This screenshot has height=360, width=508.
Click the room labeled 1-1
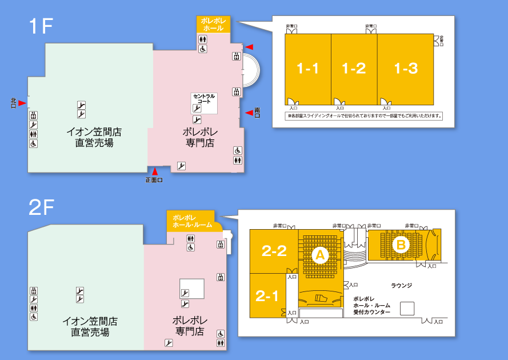click(x=307, y=69)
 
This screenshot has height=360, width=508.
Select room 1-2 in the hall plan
click(x=354, y=69)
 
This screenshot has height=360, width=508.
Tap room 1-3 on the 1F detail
click(x=406, y=69)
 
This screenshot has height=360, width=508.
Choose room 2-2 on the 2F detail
click(x=274, y=251)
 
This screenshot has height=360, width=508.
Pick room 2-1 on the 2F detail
click(x=267, y=296)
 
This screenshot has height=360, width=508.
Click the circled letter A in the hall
click(x=319, y=255)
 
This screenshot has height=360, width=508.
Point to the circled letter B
click(x=401, y=245)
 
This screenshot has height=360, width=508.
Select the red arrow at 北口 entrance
click(x=22, y=103)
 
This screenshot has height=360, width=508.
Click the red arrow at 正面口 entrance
click(x=154, y=171)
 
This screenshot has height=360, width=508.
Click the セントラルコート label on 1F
click(x=204, y=98)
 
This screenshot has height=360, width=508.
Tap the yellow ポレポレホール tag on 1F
click(x=213, y=24)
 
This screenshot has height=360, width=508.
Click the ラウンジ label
click(x=401, y=285)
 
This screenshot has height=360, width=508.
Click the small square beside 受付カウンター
click(x=407, y=309)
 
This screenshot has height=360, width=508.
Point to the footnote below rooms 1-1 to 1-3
click(x=365, y=115)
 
